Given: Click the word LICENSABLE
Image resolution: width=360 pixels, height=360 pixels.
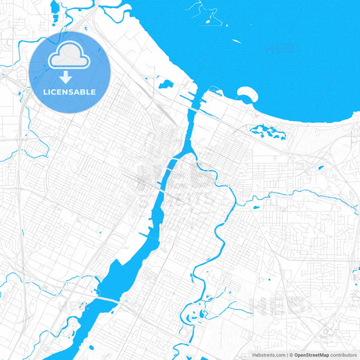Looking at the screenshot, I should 70,92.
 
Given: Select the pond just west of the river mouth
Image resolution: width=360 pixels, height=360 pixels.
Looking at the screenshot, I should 164,84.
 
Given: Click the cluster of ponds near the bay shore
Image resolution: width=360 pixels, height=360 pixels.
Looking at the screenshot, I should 267,132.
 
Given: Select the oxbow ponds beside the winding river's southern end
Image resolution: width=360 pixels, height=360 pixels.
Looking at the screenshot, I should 196,297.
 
